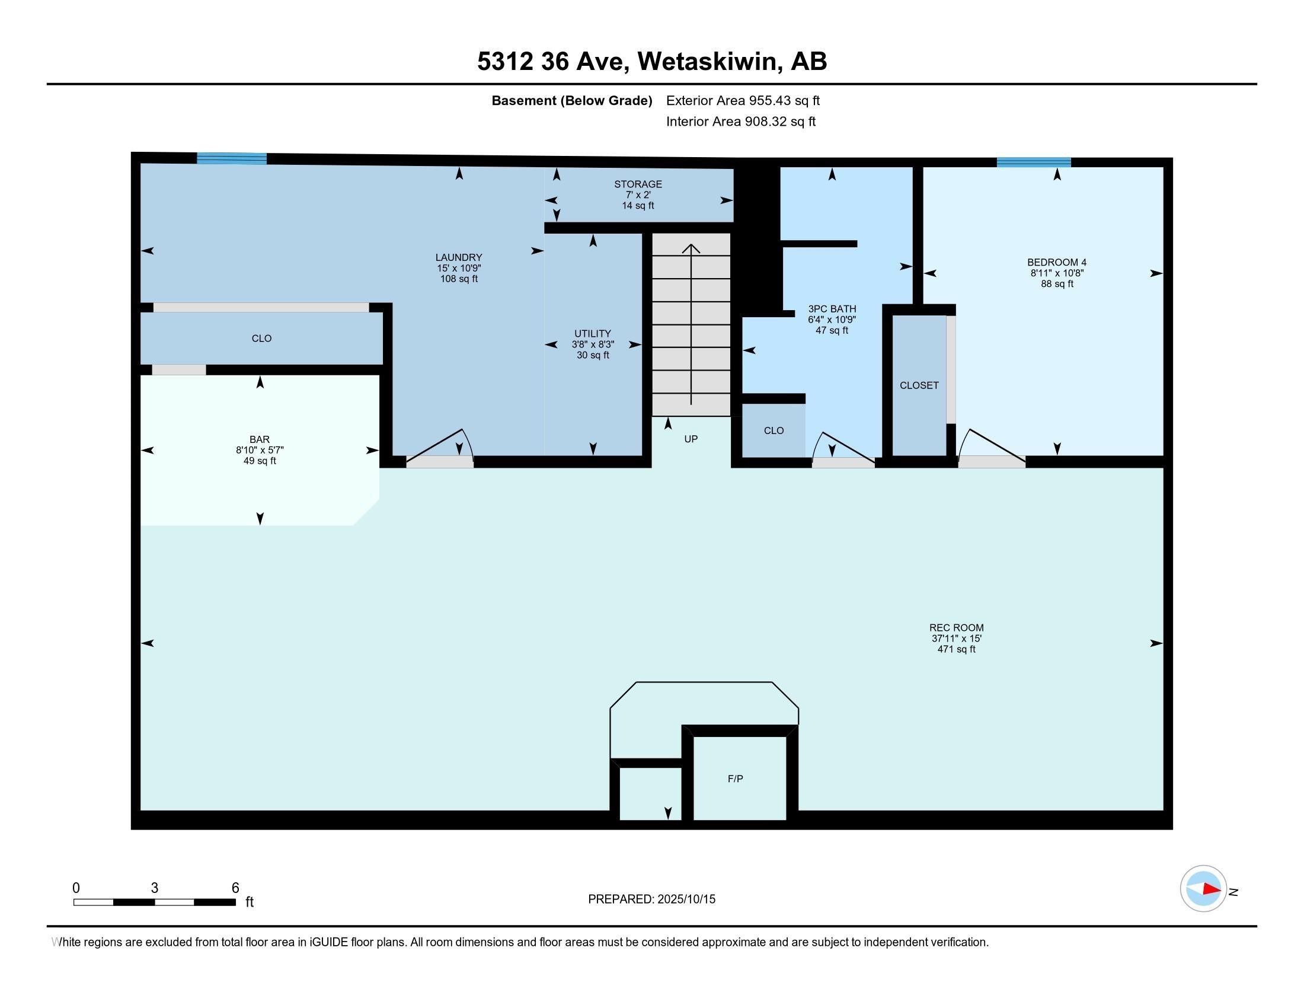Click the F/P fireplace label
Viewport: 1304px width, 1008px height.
(x=735, y=779)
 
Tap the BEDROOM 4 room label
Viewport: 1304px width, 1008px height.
(x=1056, y=262)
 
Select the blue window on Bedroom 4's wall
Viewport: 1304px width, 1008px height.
(x=1034, y=162)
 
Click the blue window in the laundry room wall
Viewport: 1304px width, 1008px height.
(x=232, y=158)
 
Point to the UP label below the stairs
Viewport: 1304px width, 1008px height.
(x=691, y=439)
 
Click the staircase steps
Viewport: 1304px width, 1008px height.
(x=691, y=326)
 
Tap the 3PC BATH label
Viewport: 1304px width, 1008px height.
(x=832, y=309)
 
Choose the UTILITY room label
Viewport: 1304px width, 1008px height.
(x=592, y=334)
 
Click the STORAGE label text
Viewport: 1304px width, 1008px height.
(x=638, y=184)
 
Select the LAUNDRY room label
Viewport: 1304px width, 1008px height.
(x=459, y=257)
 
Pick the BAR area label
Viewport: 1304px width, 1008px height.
(x=260, y=439)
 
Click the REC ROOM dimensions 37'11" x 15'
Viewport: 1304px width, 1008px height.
(x=956, y=639)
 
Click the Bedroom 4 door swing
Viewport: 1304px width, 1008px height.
(x=989, y=445)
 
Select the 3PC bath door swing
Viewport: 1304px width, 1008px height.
(x=842, y=446)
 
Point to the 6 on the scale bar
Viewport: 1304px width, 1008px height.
(x=235, y=888)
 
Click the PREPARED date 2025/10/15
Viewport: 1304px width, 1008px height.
(x=685, y=899)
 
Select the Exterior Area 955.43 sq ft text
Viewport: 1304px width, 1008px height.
(x=743, y=100)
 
